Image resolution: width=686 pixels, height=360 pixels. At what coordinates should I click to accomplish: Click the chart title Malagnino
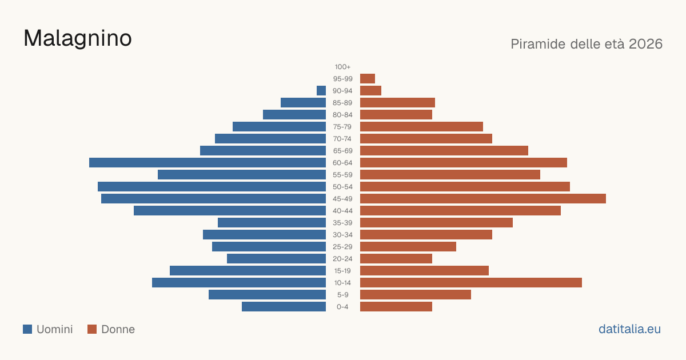(78, 39)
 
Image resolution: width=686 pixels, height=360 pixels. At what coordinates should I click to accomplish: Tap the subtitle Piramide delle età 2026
(587, 44)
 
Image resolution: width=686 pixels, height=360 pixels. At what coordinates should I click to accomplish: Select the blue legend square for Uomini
(27, 329)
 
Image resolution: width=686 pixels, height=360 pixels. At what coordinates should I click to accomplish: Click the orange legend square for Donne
(92, 329)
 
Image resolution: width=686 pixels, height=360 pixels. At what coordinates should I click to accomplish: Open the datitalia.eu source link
(629, 329)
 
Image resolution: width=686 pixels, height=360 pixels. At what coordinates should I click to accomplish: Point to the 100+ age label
(342, 67)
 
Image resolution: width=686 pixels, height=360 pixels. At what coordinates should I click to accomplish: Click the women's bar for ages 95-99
(368, 79)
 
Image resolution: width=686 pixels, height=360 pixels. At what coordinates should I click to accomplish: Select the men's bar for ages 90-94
(321, 91)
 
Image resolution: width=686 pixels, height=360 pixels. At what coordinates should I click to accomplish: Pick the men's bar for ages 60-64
(208, 162)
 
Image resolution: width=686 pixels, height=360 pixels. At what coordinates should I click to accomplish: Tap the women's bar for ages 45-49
(483, 199)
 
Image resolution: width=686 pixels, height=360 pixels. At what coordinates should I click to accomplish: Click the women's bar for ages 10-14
(471, 282)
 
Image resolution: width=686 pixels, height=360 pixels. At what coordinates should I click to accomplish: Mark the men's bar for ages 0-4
(284, 307)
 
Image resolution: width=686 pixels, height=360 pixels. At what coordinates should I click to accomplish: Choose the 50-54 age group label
(342, 187)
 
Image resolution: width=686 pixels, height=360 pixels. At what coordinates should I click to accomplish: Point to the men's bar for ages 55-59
(242, 175)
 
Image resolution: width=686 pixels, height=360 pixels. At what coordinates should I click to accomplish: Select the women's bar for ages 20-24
(396, 259)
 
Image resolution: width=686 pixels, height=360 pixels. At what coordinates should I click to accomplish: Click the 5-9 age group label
(342, 295)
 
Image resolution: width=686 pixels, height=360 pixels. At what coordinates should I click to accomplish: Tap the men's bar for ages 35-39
(272, 222)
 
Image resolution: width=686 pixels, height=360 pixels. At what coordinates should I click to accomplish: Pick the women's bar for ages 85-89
(397, 102)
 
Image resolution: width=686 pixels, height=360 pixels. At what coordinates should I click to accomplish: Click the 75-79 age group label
(342, 127)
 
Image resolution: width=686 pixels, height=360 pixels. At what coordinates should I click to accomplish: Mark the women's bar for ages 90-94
(370, 91)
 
